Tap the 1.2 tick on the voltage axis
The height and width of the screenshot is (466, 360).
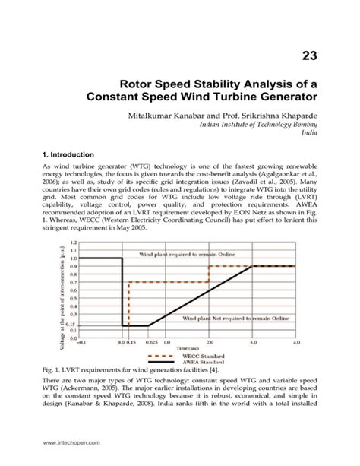click(x=73, y=242)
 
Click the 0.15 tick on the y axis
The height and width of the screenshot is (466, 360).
click(x=71, y=325)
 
